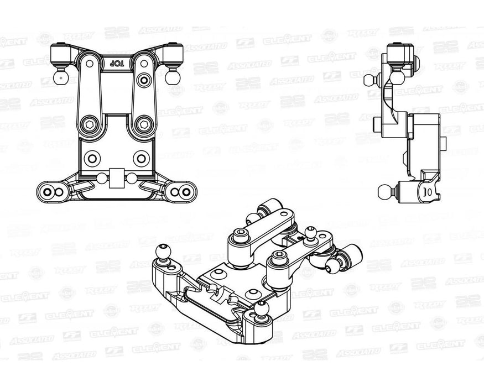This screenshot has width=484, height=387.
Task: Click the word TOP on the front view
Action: [115, 63]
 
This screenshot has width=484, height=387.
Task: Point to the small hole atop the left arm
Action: [144, 81]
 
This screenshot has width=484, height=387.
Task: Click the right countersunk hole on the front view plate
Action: [140, 159]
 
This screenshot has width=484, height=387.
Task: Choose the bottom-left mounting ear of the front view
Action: [50, 191]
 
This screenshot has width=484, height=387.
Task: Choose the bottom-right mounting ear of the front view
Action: [181, 191]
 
